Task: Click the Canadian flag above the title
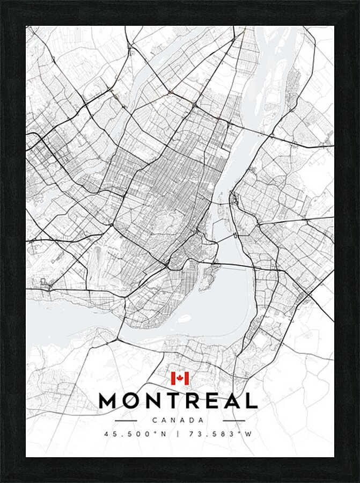tap(180, 378)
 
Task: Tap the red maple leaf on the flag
tap(180, 378)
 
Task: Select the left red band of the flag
tap(173, 378)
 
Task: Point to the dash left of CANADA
tap(126, 420)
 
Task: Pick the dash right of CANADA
tap(233, 420)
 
